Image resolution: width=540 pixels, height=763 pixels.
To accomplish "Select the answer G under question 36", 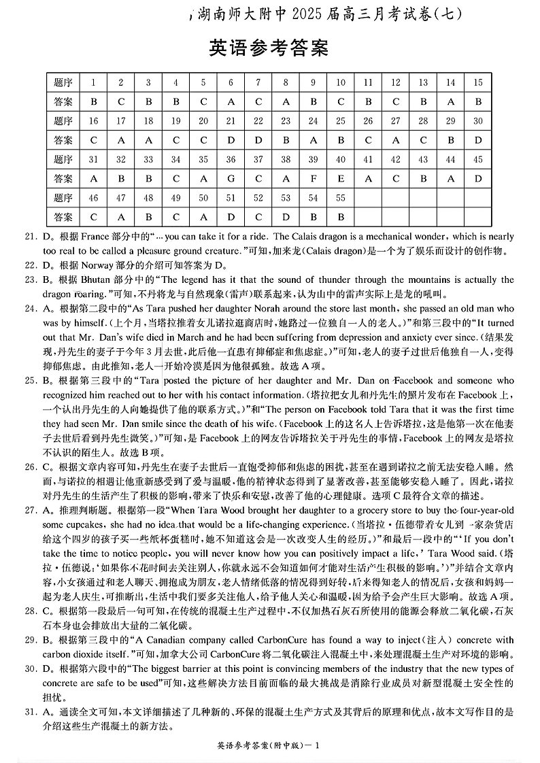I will click(x=231, y=179).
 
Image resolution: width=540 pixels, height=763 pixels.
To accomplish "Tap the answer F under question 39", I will click(x=313, y=179).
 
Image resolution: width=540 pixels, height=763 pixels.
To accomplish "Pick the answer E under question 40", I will click(x=341, y=179).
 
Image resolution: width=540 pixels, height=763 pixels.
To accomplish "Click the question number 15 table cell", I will click(x=478, y=82).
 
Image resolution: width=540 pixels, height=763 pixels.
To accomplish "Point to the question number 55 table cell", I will click(x=341, y=198).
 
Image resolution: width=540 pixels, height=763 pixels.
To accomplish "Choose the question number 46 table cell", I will click(x=93, y=198).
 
